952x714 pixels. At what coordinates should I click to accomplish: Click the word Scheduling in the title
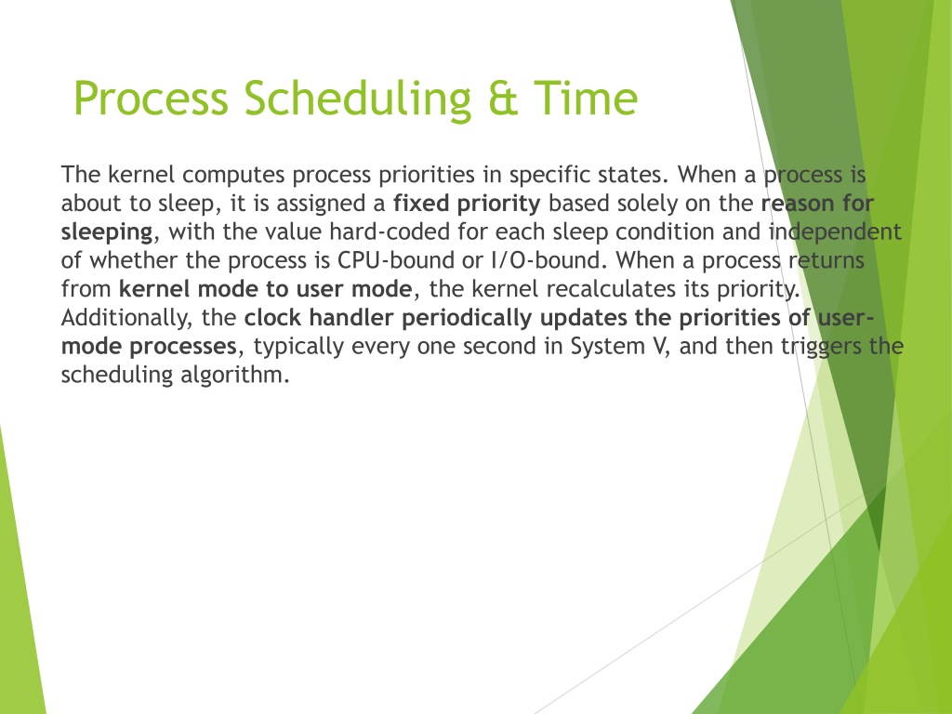point(358,99)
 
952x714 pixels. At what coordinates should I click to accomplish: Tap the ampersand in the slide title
point(502,98)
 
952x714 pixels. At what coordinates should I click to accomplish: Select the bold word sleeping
point(107,232)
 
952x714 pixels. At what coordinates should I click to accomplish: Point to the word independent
point(835,232)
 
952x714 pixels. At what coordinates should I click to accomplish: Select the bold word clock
point(273,318)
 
